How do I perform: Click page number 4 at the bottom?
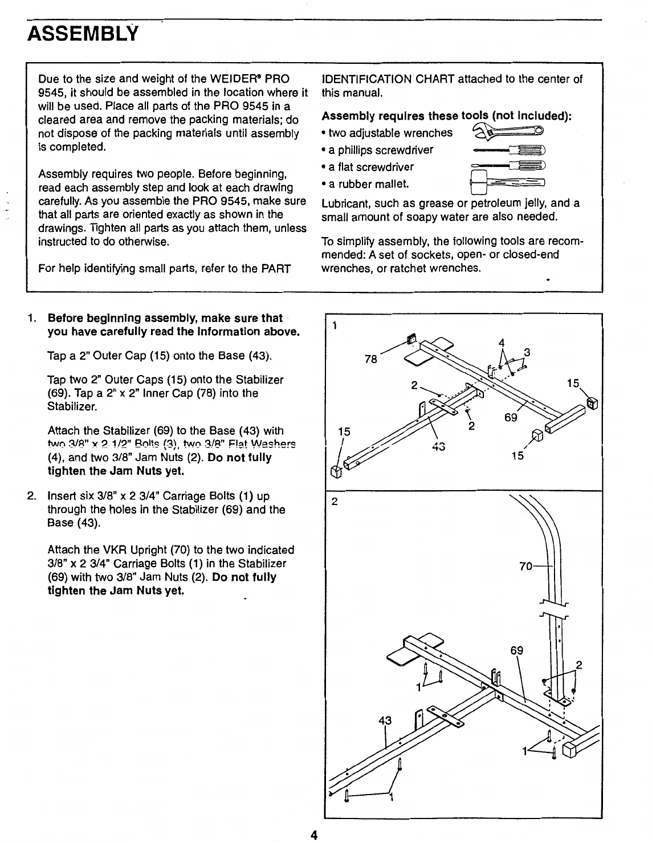(x=313, y=835)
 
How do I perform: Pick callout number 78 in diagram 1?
(x=371, y=360)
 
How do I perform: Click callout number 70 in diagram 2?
(x=526, y=567)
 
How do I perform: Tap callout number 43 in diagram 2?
(x=385, y=720)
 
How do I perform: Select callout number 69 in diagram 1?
(x=511, y=418)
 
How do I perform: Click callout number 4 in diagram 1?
(x=502, y=343)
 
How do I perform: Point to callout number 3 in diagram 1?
(x=527, y=352)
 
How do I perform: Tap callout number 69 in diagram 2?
(x=517, y=651)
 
